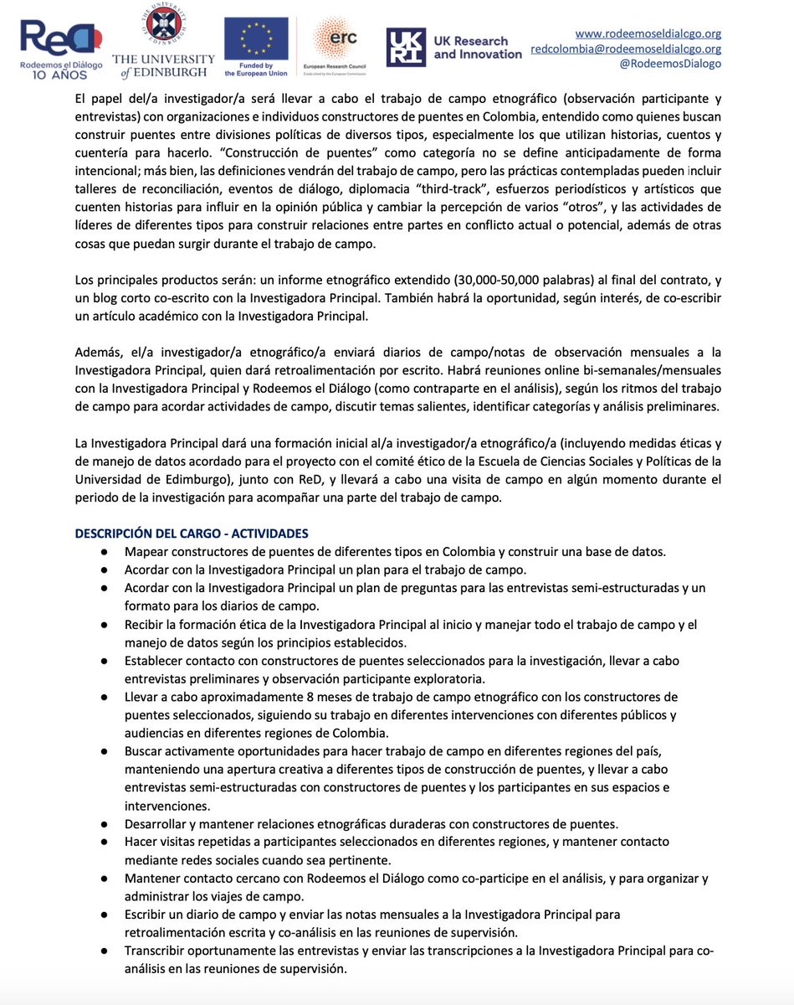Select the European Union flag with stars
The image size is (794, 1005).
pyautogui.click(x=256, y=39)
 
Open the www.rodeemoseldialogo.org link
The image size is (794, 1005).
pyautogui.click(x=648, y=33)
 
